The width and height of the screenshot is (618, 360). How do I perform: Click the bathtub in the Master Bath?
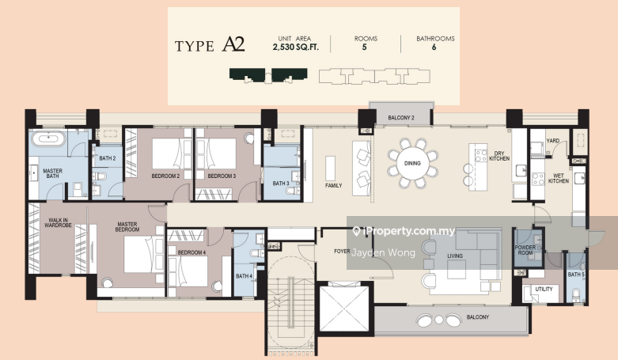pyautogui.click(x=48, y=138)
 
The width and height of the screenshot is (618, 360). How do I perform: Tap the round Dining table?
pyautogui.click(x=412, y=163)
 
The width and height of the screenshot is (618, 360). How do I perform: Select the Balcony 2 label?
pyautogui.click(x=401, y=118)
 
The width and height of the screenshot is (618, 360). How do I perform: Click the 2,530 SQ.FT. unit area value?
pyautogui.click(x=296, y=47)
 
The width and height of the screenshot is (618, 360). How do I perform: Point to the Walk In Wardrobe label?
pyautogui.click(x=58, y=223)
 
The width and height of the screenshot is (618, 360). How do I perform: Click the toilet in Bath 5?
pyautogui.click(x=576, y=295)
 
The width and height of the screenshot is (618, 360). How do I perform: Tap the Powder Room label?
pyautogui.click(x=525, y=250)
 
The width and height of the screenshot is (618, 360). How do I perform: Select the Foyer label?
pyautogui.click(x=342, y=251)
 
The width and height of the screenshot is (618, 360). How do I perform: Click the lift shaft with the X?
pyautogui.click(x=343, y=309)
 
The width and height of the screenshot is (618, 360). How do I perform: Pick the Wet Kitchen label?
pyautogui.click(x=559, y=178)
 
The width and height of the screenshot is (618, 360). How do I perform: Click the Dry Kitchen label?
pyautogui.click(x=499, y=156)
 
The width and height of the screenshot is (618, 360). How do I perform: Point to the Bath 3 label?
pyautogui.click(x=281, y=184)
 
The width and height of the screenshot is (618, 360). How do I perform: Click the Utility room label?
pyautogui.click(x=544, y=289)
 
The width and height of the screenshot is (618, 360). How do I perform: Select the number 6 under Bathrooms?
pyautogui.click(x=434, y=47)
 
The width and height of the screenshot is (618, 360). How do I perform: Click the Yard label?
pyautogui.click(x=552, y=141)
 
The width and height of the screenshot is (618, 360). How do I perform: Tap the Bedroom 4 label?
pyautogui.click(x=191, y=252)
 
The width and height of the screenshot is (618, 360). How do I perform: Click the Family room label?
pyautogui.click(x=333, y=185)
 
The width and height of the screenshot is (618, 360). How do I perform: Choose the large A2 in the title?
pyautogui.click(x=233, y=44)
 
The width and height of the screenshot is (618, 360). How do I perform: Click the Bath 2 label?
pyautogui.click(x=107, y=158)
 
